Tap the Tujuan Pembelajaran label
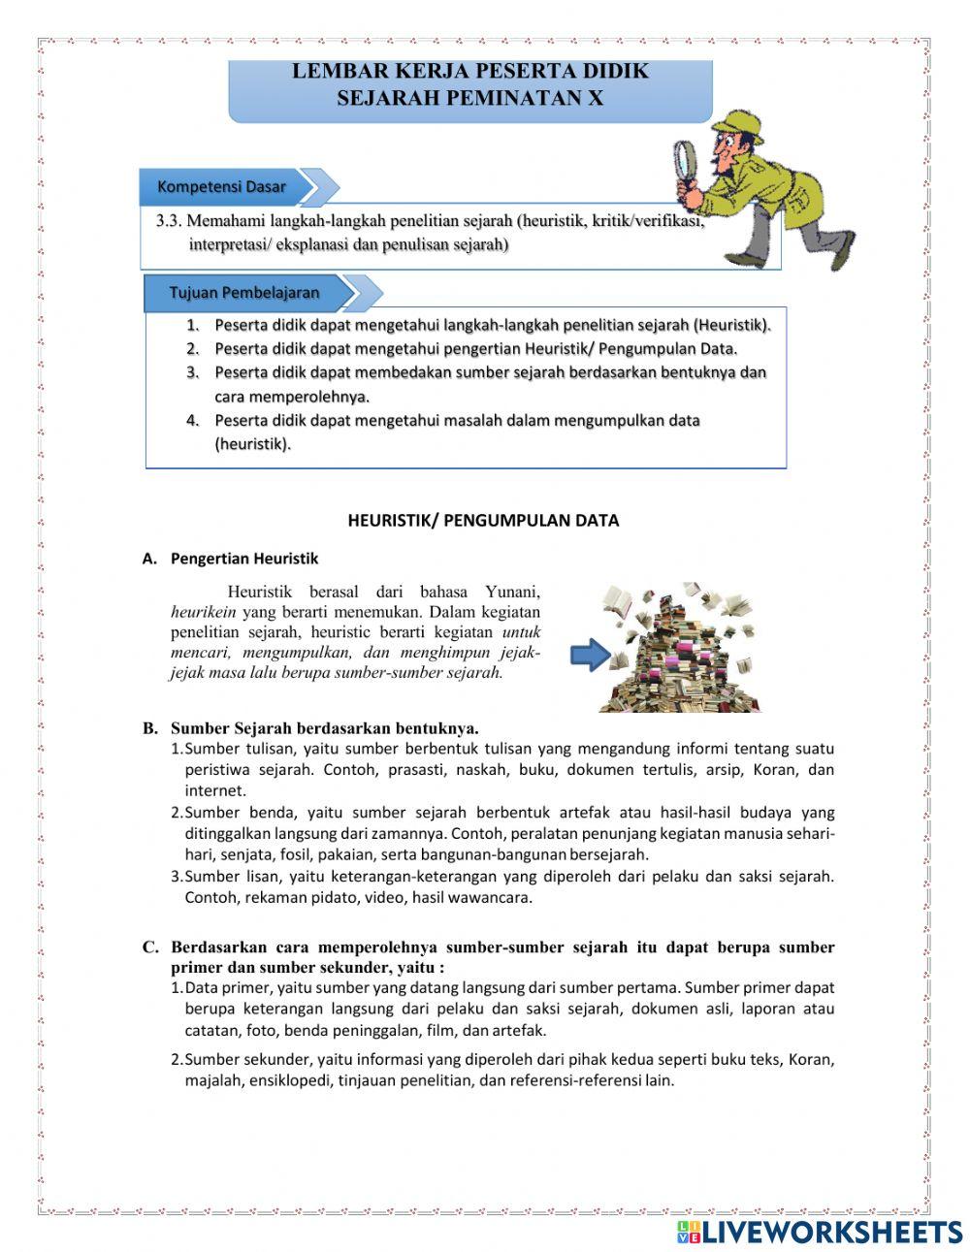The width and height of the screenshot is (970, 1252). tap(244, 292)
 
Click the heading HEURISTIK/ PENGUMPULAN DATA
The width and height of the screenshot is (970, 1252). tap(483, 520)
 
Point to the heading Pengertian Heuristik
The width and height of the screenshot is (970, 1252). tap(244, 559)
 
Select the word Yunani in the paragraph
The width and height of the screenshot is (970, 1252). tap(512, 592)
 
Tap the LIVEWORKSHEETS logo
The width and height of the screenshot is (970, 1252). tap(820, 1232)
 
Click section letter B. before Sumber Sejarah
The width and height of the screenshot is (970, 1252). tap(150, 727)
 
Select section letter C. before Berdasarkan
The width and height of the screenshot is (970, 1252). tap(150, 947)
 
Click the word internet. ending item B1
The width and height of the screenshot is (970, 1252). tap(215, 790)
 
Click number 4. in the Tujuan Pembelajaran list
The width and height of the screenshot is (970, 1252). tap(193, 420)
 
